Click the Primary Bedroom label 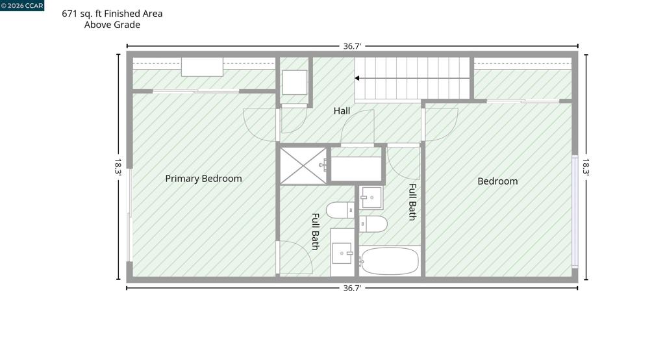pyautogui.click(x=203, y=179)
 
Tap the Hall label pyautogui.click(x=342, y=111)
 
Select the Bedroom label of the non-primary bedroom pyautogui.click(x=497, y=181)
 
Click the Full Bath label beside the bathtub pyautogui.click(x=412, y=201)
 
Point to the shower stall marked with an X pyautogui.click(x=303, y=166)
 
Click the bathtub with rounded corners pyautogui.click(x=390, y=261)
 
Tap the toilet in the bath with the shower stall pyautogui.click(x=340, y=210)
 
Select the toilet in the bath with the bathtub pyautogui.click(x=373, y=224)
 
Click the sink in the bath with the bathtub pyautogui.click(x=371, y=198)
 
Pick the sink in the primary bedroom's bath pyautogui.click(x=342, y=253)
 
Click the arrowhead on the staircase pyautogui.click(x=358, y=78)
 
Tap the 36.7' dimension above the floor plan pyautogui.click(x=351, y=46)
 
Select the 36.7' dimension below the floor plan pyautogui.click(x=351, y=289)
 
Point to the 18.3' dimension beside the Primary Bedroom pyautogui.click(x=118, y=166)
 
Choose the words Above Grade pyautogui.click(x=112, y=25)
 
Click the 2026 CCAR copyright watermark pyautogui.click(x=22, y=5)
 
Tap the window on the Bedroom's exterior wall pyautogui.click(x=575, y=211)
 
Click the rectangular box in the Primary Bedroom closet pyautogui.click(x=203, y=67)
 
